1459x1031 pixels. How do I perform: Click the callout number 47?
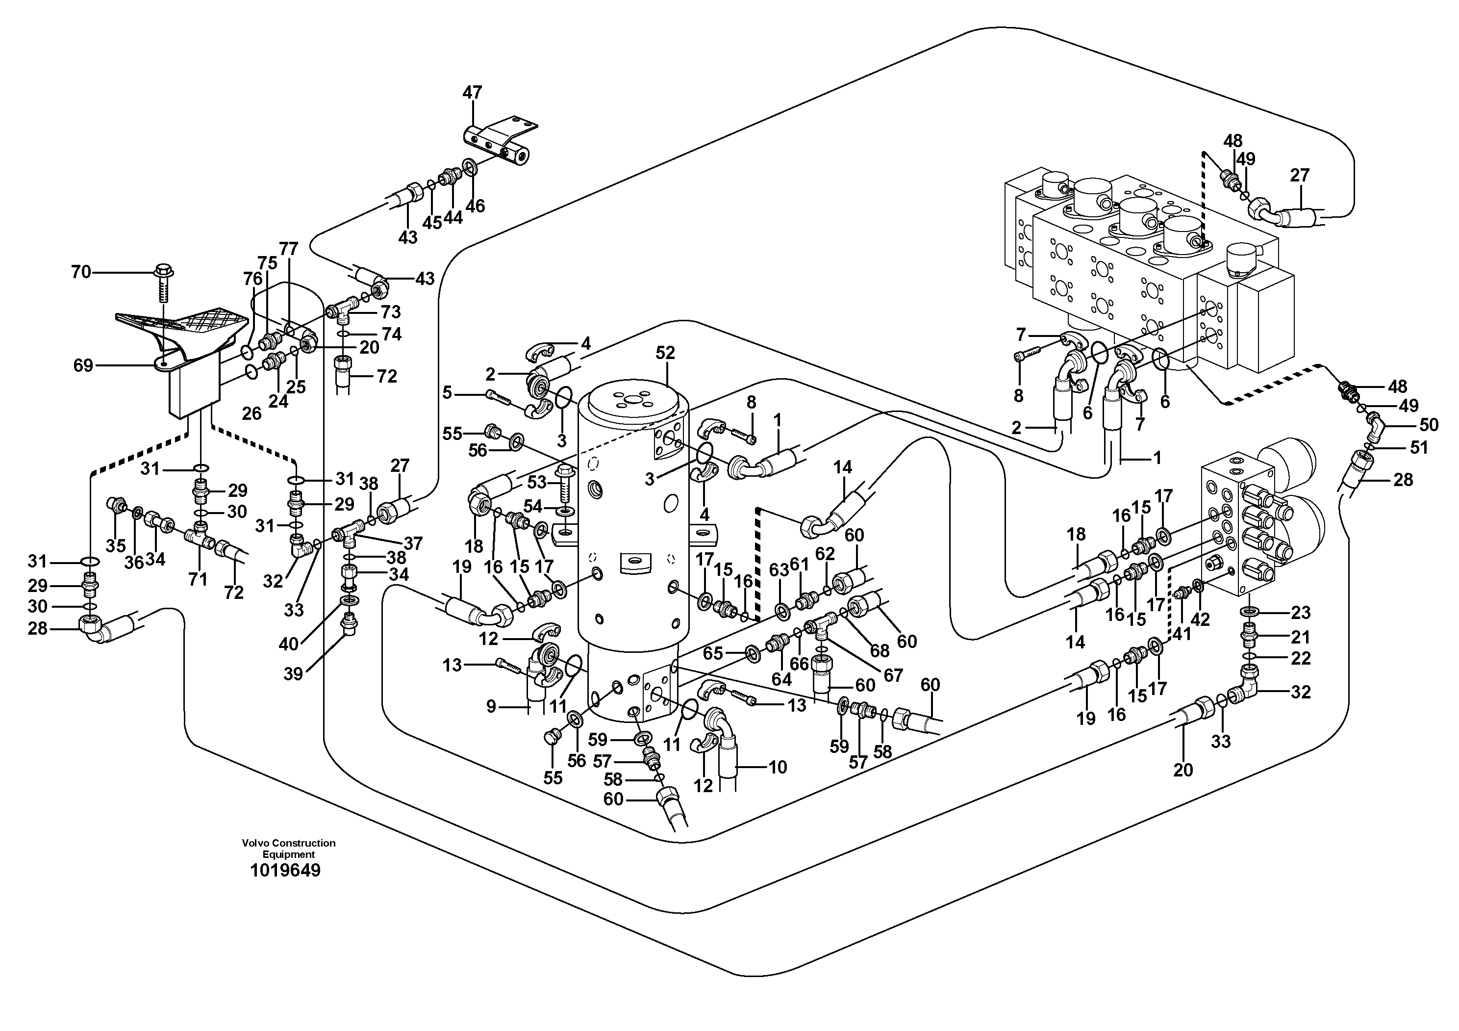[x=472, y=93]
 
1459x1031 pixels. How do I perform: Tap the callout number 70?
[x=81, y=273]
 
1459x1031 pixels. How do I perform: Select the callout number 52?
[x=665, y=354]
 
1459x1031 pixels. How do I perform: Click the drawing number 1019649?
[x=285, y=870]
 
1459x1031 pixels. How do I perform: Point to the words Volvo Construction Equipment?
[x=288, y=849]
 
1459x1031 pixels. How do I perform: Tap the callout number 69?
[x=83, y=365]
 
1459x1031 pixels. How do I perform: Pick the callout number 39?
[x=293, y=674]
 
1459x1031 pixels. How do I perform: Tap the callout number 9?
[x=491, y=706]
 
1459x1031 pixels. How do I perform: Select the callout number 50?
[x=1429, y=425]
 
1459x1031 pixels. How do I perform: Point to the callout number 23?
[x=1301, y=613]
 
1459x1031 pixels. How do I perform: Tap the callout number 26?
[x=252, y=414]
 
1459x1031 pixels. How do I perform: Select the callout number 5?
[x=448, y=393]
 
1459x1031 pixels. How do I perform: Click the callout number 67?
[x=893, y=675]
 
